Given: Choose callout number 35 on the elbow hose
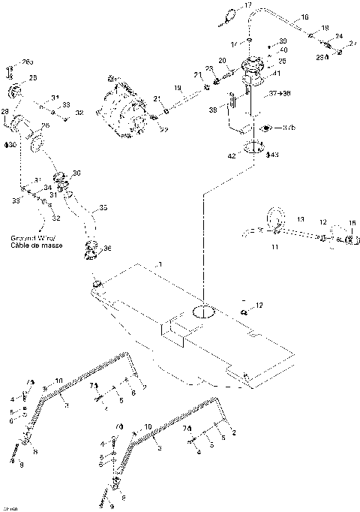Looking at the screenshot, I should point(103,207).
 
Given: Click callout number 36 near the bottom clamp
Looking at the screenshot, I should point(108,248).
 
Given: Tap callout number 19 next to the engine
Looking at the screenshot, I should point(178,89).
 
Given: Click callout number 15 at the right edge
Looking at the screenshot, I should point(353,223).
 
